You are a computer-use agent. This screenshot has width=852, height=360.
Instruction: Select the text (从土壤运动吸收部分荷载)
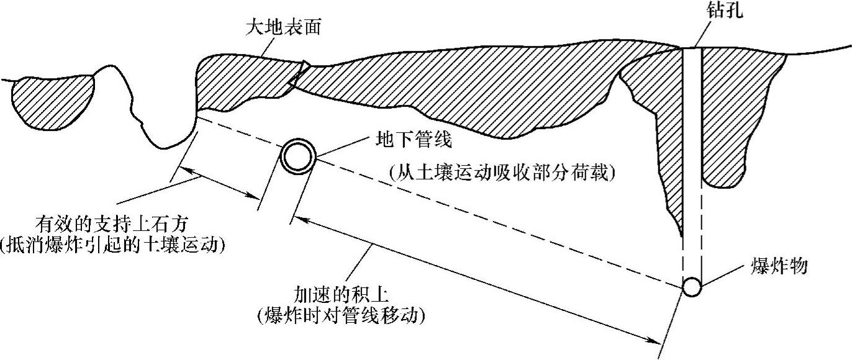pos(502,173)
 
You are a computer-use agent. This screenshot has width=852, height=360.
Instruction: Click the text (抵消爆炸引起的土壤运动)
pos(112,245)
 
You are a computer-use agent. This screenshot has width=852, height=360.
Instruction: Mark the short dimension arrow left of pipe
pos(220,184)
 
